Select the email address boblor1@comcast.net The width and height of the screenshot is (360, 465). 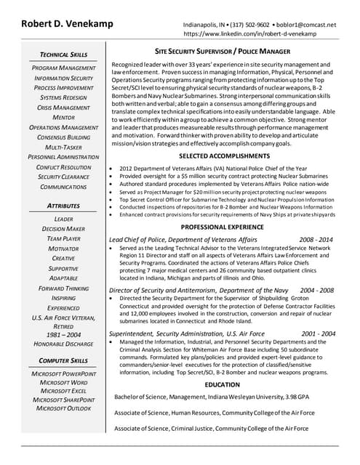coord(311,24)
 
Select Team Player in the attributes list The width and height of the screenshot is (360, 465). coord(64,238)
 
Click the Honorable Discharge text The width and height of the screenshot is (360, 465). coord(63,344)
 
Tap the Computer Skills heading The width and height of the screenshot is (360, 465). coord(63,360)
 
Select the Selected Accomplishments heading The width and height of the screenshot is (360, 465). coord(223,156)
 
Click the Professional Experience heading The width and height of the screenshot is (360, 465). coord(223,227)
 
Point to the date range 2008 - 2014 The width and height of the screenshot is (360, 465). coord(316,239)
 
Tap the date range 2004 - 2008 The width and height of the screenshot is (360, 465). coord(318,290)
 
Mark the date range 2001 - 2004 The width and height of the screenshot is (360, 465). coord(318,333)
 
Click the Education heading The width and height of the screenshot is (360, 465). coord(223,384)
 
